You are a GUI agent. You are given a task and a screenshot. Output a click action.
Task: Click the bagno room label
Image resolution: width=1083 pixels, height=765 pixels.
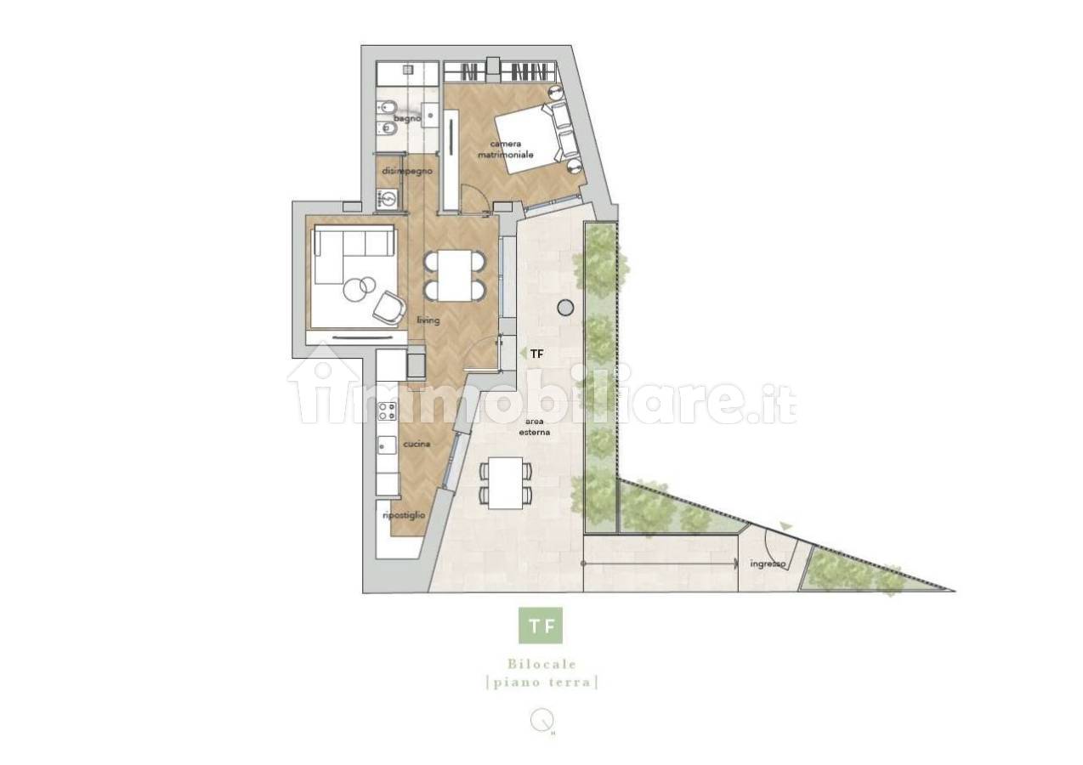(x=407, y=118)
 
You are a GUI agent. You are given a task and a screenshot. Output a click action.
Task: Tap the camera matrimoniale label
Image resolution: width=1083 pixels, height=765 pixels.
(x=506, y=150)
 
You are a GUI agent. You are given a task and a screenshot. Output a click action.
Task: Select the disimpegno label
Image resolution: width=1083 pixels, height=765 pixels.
(x=407, y=171)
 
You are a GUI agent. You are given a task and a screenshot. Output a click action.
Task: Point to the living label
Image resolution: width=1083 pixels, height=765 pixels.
(x=428, y=320)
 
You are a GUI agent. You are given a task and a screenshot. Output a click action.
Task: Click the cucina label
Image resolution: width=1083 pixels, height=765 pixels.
(x=417, y=444)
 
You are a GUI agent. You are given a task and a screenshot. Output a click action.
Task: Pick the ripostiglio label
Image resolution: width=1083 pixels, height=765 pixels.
(x=404, y=515)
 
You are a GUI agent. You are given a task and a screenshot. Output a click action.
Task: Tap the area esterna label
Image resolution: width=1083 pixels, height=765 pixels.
(x=535, y=427)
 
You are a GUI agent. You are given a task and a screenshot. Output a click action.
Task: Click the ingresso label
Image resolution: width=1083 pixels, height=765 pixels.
(x=768, y=564)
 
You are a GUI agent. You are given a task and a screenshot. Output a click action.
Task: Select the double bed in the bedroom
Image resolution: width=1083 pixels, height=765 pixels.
(x=534, y=139)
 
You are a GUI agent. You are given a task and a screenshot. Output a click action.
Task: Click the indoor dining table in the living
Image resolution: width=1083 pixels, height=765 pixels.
(x=455, y=275)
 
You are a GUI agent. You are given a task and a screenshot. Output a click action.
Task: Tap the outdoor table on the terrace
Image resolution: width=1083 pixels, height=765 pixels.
(x=505, y=483)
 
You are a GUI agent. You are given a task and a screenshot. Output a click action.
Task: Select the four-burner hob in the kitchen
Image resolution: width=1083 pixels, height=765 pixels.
(x=388, y=411)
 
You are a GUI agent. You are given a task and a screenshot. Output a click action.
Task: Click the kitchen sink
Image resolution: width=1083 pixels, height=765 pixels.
(x=387, y=445)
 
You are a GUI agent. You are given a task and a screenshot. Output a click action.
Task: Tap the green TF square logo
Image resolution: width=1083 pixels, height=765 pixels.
(x=541, y=626)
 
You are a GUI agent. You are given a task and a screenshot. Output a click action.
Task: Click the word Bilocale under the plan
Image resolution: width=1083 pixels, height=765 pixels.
(x=542, y=665)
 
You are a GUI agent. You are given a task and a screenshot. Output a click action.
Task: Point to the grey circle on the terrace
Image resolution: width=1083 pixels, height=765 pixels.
(x=565, y=307)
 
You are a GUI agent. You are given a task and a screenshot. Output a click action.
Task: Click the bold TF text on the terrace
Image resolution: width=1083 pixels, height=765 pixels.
(x=536, y=354)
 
